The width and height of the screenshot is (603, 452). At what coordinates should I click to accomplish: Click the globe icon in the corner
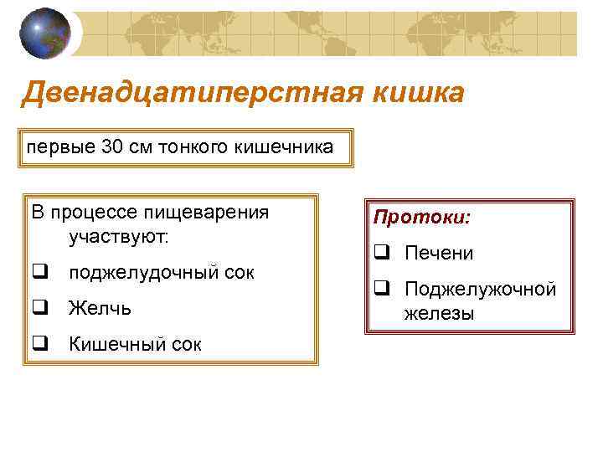(44, 33)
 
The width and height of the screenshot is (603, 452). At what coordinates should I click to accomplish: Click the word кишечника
(287, 148)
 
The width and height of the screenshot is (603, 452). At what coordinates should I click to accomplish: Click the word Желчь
(100, 308)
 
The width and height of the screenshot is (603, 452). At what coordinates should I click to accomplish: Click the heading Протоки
(422, 218)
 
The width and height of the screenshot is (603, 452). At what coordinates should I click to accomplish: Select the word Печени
(438, 253)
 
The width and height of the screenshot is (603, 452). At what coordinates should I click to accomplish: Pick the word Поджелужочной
(480, 290)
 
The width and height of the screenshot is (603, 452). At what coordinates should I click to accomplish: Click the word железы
(439, 314)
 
